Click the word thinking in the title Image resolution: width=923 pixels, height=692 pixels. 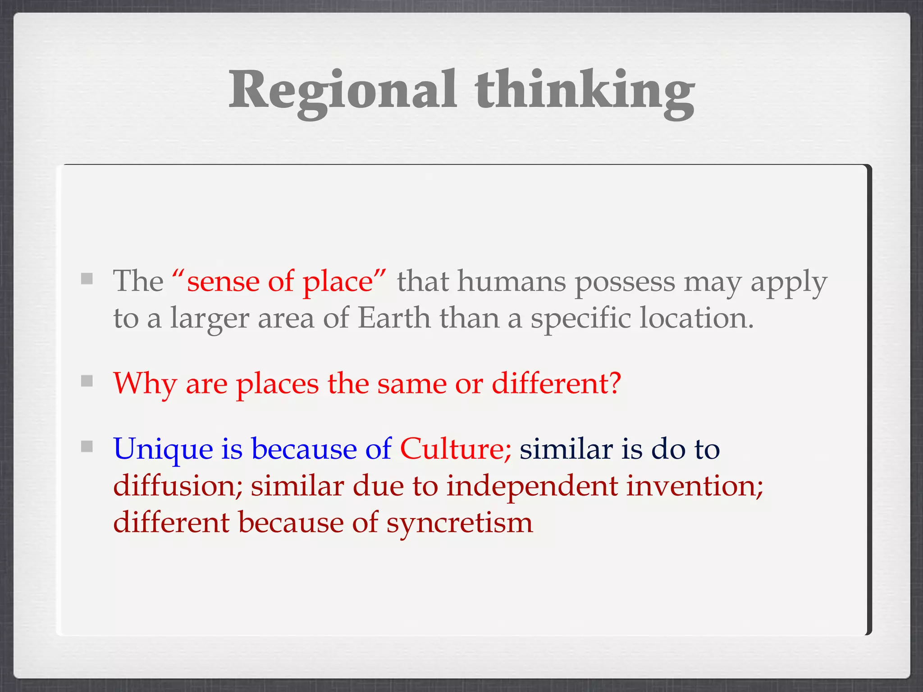(x=585, y=90)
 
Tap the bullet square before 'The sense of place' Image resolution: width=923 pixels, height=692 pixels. (x=87, y=279)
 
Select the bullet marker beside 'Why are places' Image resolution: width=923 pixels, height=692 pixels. (x=87, y=381)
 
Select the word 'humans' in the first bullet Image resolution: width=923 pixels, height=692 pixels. (x=512, y=282)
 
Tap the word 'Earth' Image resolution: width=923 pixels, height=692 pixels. (x=394, y=318)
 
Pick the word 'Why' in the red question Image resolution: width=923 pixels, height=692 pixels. (x=144, y=384)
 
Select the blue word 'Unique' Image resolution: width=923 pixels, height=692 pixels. (x=163, y=450)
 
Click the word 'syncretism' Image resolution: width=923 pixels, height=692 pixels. (x=459, y=524)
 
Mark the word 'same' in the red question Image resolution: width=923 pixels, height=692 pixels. (x=412, y=384)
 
